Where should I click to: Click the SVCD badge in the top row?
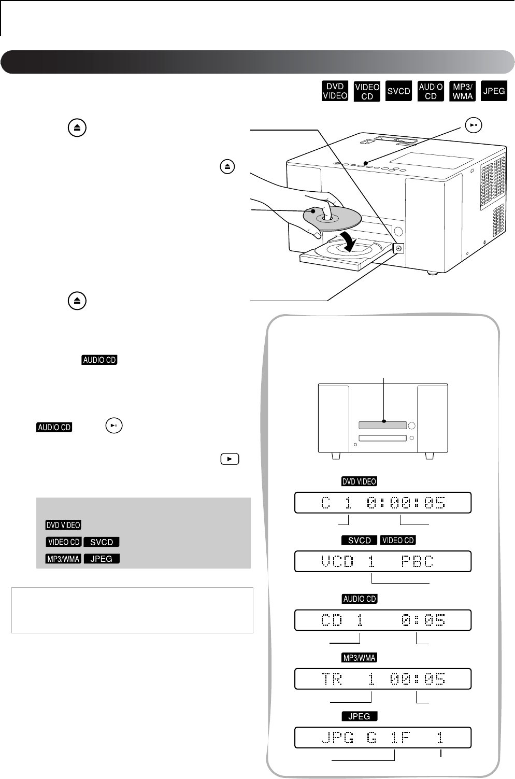point(399,92)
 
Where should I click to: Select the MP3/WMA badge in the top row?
point(462,92)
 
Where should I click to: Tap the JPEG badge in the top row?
point(494,92)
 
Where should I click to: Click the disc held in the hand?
point(329,219)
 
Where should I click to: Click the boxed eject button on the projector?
point(397,249)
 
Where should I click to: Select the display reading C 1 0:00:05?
point(383,503)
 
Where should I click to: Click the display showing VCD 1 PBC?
point(383,561)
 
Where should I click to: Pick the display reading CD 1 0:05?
point(383,620)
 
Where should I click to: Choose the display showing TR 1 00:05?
point(383,679)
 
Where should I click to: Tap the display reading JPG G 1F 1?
point(383,738)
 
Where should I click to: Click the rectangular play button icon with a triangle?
point(230,459)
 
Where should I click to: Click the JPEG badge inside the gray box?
point(102,559)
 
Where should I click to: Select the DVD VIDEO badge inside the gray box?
point(63,525)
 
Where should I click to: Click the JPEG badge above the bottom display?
point(359,716)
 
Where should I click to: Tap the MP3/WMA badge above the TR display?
point(359,658)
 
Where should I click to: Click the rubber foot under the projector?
point(432,272)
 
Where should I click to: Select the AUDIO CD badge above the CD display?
point(359,599)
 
